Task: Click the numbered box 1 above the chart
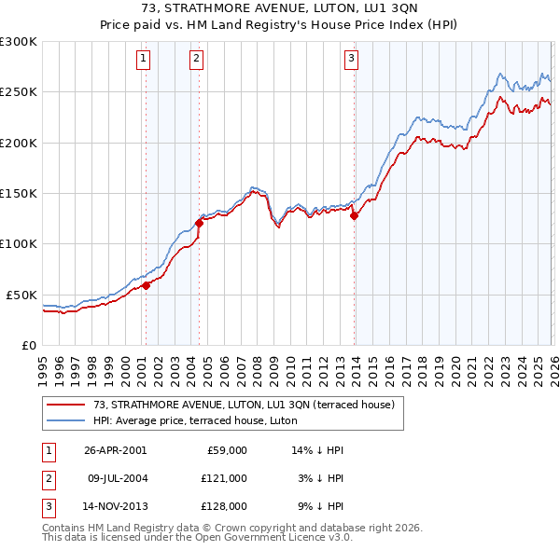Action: pos(144,59)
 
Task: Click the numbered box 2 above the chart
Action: pos(197,59)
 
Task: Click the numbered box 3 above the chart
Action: pos(352,59)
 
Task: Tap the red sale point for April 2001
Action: pos(147,286)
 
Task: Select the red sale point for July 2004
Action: pos(199,223)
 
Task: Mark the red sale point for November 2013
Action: pos(354,216)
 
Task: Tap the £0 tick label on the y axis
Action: pos(27,345)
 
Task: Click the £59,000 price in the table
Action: pos(225,450)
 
